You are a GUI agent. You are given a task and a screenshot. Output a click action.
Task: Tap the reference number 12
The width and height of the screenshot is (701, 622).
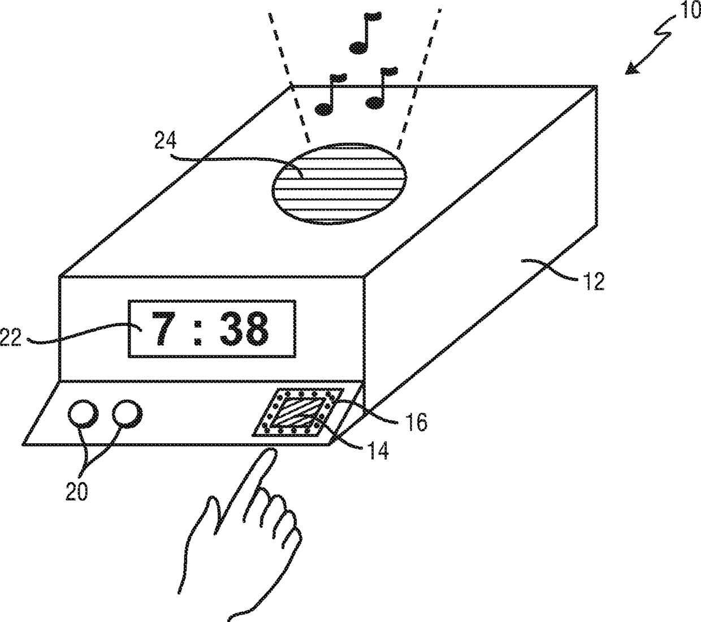592,281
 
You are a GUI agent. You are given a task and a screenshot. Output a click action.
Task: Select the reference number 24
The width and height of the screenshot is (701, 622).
165,140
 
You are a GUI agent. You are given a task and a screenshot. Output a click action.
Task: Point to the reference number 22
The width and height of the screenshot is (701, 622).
10,337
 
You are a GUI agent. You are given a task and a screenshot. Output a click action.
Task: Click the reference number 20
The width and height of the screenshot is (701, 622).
77,491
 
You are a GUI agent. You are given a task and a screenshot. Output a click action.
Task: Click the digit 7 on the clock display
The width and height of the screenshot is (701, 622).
164,328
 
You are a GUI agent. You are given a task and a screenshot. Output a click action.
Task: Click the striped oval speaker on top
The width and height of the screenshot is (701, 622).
340,183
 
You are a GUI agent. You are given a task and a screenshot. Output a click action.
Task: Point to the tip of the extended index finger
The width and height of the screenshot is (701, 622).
271,450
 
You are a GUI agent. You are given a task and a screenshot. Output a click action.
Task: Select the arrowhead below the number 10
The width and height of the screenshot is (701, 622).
633,68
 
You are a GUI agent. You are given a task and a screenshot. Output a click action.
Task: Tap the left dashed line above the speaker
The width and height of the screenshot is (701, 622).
289,78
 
